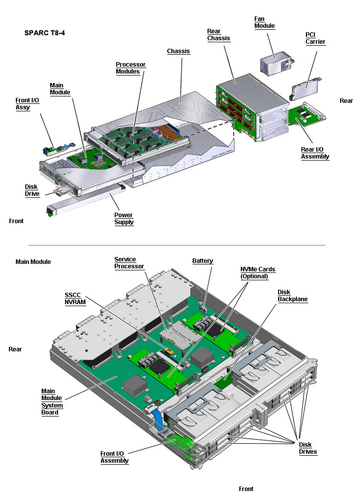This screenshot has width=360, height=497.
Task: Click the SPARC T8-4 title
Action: (45, 33)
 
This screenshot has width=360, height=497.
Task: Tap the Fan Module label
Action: (265, 22)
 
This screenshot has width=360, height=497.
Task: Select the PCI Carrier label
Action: (315, 38)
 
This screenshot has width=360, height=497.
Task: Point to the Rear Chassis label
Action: (218, 35)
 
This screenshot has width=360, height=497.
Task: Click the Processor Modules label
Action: (131, 68)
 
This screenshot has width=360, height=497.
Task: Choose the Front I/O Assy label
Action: (27, 104)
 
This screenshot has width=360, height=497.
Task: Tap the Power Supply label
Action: (124, 219)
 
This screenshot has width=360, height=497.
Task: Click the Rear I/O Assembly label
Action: (315, 153)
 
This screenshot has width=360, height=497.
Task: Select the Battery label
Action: (203, 261)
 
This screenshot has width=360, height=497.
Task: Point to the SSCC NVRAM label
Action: (75, 299)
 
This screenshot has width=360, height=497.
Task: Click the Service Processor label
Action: (129, 263)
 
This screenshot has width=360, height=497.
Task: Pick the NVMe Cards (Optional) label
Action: (258, 273)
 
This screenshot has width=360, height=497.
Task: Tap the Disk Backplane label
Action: (292, 296)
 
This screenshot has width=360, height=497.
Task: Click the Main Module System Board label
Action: (52, 402)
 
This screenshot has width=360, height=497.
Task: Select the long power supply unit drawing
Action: (85, 200)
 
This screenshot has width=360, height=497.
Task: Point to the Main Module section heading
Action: (33, 262)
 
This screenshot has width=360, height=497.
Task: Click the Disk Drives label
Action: (308, 448)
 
